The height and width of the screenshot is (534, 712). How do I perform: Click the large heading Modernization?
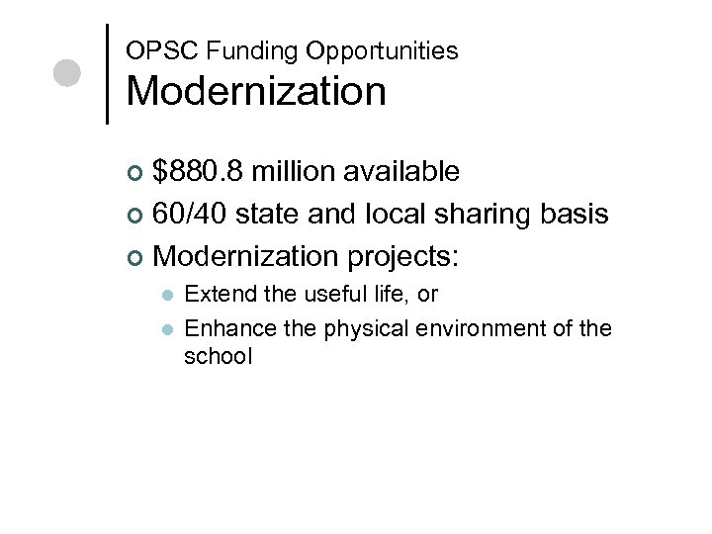tap(256, 91)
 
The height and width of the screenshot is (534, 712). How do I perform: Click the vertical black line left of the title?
tap(107, 73)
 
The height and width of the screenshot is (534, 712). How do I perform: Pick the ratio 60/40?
tap(194, 214)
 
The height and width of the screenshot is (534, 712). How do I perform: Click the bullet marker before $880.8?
tap(136, 174)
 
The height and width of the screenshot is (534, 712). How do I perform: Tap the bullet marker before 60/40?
tap(136, 216)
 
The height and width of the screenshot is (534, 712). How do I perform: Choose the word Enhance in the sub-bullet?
tap(223, 327)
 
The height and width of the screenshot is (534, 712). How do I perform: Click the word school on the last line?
tap(219, 355)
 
